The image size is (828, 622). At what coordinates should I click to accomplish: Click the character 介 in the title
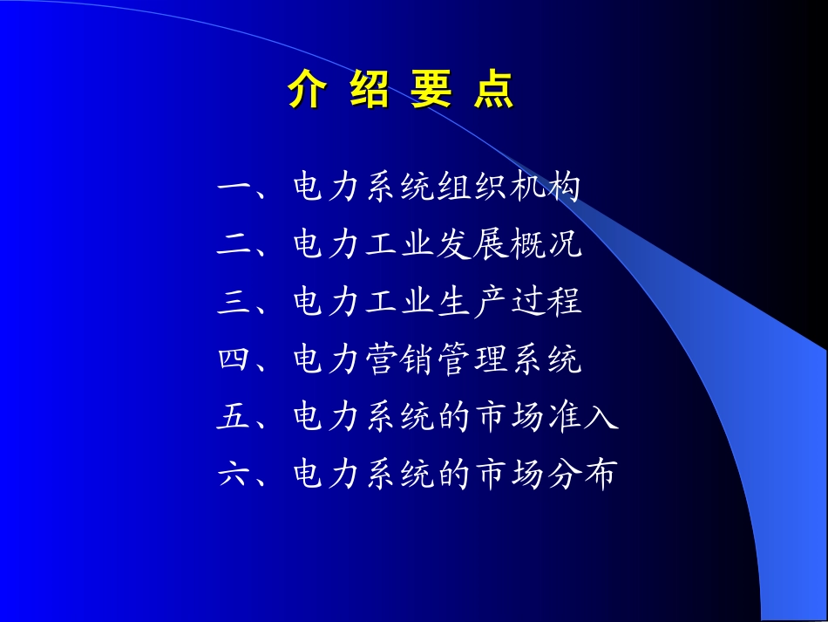[x=307, y=91]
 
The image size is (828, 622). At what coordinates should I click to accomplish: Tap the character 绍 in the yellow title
[x=369, y=91]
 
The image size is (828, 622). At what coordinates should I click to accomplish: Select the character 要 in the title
[x=432, y=91]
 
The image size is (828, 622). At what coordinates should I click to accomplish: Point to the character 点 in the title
[x=494, y=91]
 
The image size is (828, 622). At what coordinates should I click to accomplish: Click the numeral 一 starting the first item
[x=234, y=188]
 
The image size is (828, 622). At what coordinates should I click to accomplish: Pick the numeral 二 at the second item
[x=234, y=245]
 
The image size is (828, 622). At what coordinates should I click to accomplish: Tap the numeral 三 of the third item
[x=234, y=303]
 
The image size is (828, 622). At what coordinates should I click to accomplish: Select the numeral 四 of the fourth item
[x=234, y=360]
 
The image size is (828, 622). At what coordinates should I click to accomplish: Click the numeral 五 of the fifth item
[x=234, y=418]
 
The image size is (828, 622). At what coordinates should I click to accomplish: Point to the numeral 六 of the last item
[x=234, y=475]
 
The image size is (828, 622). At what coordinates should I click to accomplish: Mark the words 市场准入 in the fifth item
[x=545, y=418]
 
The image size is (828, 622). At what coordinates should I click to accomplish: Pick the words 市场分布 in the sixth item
[x=545, y=475]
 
